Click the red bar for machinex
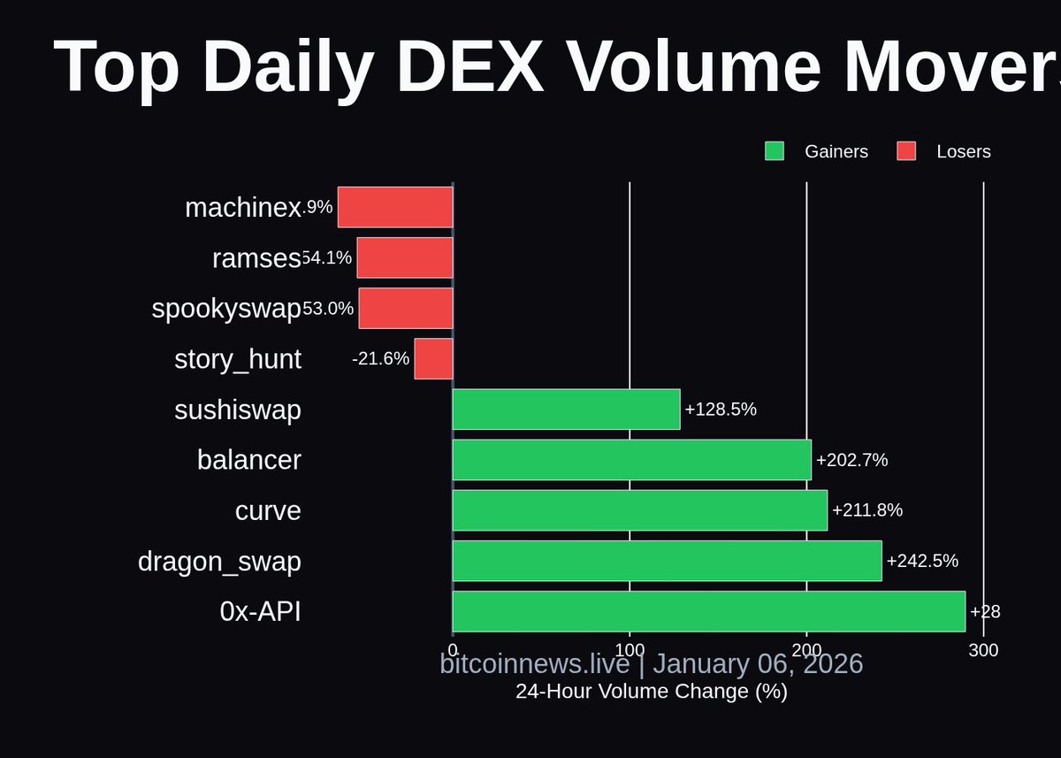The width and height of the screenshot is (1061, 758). [x=395, y=207]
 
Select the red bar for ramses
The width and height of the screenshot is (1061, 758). [x=405, y=257]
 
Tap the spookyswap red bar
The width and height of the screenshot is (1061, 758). [x=406, y=308]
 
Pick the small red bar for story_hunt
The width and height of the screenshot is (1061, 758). [x=433, y=358]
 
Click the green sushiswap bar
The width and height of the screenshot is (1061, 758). [x=566, y=409]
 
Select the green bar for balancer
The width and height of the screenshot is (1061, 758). [x=631, y=460]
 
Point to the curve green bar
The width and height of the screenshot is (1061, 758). [x=639, y=510]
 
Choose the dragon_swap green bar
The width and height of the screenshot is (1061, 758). [x=667, y=561]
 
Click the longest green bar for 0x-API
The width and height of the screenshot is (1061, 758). [x=708, y=611]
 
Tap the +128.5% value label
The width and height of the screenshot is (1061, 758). [x=721, y=410]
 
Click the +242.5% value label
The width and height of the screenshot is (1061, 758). [x=922, y=561]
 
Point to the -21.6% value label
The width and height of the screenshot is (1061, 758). [x=380, y=358]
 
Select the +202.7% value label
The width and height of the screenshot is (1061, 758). [x=851, y=460]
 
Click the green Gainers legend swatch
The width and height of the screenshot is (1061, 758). [x=775, y=151]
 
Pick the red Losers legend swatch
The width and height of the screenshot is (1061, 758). [x=906, y=151]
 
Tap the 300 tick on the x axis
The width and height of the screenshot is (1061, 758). [x=983, y=651]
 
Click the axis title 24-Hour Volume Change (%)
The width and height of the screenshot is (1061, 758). [x=652, y=692]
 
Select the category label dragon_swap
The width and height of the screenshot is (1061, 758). [x=219, y=562]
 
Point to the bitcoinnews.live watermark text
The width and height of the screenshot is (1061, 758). [x=534, y=663]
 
